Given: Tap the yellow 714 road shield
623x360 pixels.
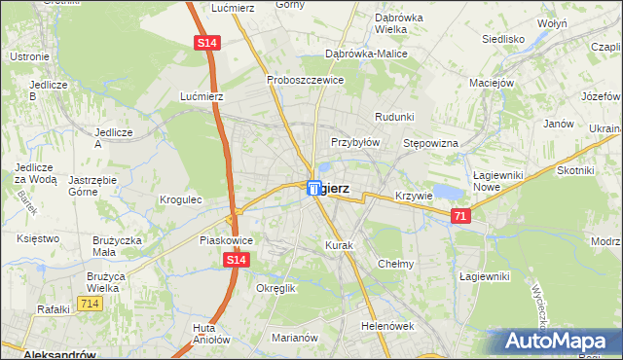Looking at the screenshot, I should [x=91, y=305].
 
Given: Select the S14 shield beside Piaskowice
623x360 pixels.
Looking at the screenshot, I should [x=237, y=260].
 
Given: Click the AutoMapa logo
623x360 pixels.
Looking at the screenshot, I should [x=558, y=341].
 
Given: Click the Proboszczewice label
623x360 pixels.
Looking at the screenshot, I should [x=306, y=80].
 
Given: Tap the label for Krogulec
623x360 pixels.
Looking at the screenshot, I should [x=180, y=199].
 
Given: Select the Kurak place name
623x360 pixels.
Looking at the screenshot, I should [x=339, y=246].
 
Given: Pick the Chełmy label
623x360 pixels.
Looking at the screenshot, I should [x=396, y=264].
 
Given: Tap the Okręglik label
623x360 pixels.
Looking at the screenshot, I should [x=275, y=288].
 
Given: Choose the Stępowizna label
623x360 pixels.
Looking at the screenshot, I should [x=430, y=142].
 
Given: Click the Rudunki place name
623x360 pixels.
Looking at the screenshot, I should [x=394, y=117].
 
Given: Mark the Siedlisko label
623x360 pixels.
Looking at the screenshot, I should [x=503, y=40].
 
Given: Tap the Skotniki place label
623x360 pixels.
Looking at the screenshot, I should [x=575, y=169].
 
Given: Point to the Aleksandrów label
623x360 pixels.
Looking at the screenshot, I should [x=39, y=353].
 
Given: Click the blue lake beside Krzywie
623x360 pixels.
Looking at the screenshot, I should [x=445, y=191].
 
